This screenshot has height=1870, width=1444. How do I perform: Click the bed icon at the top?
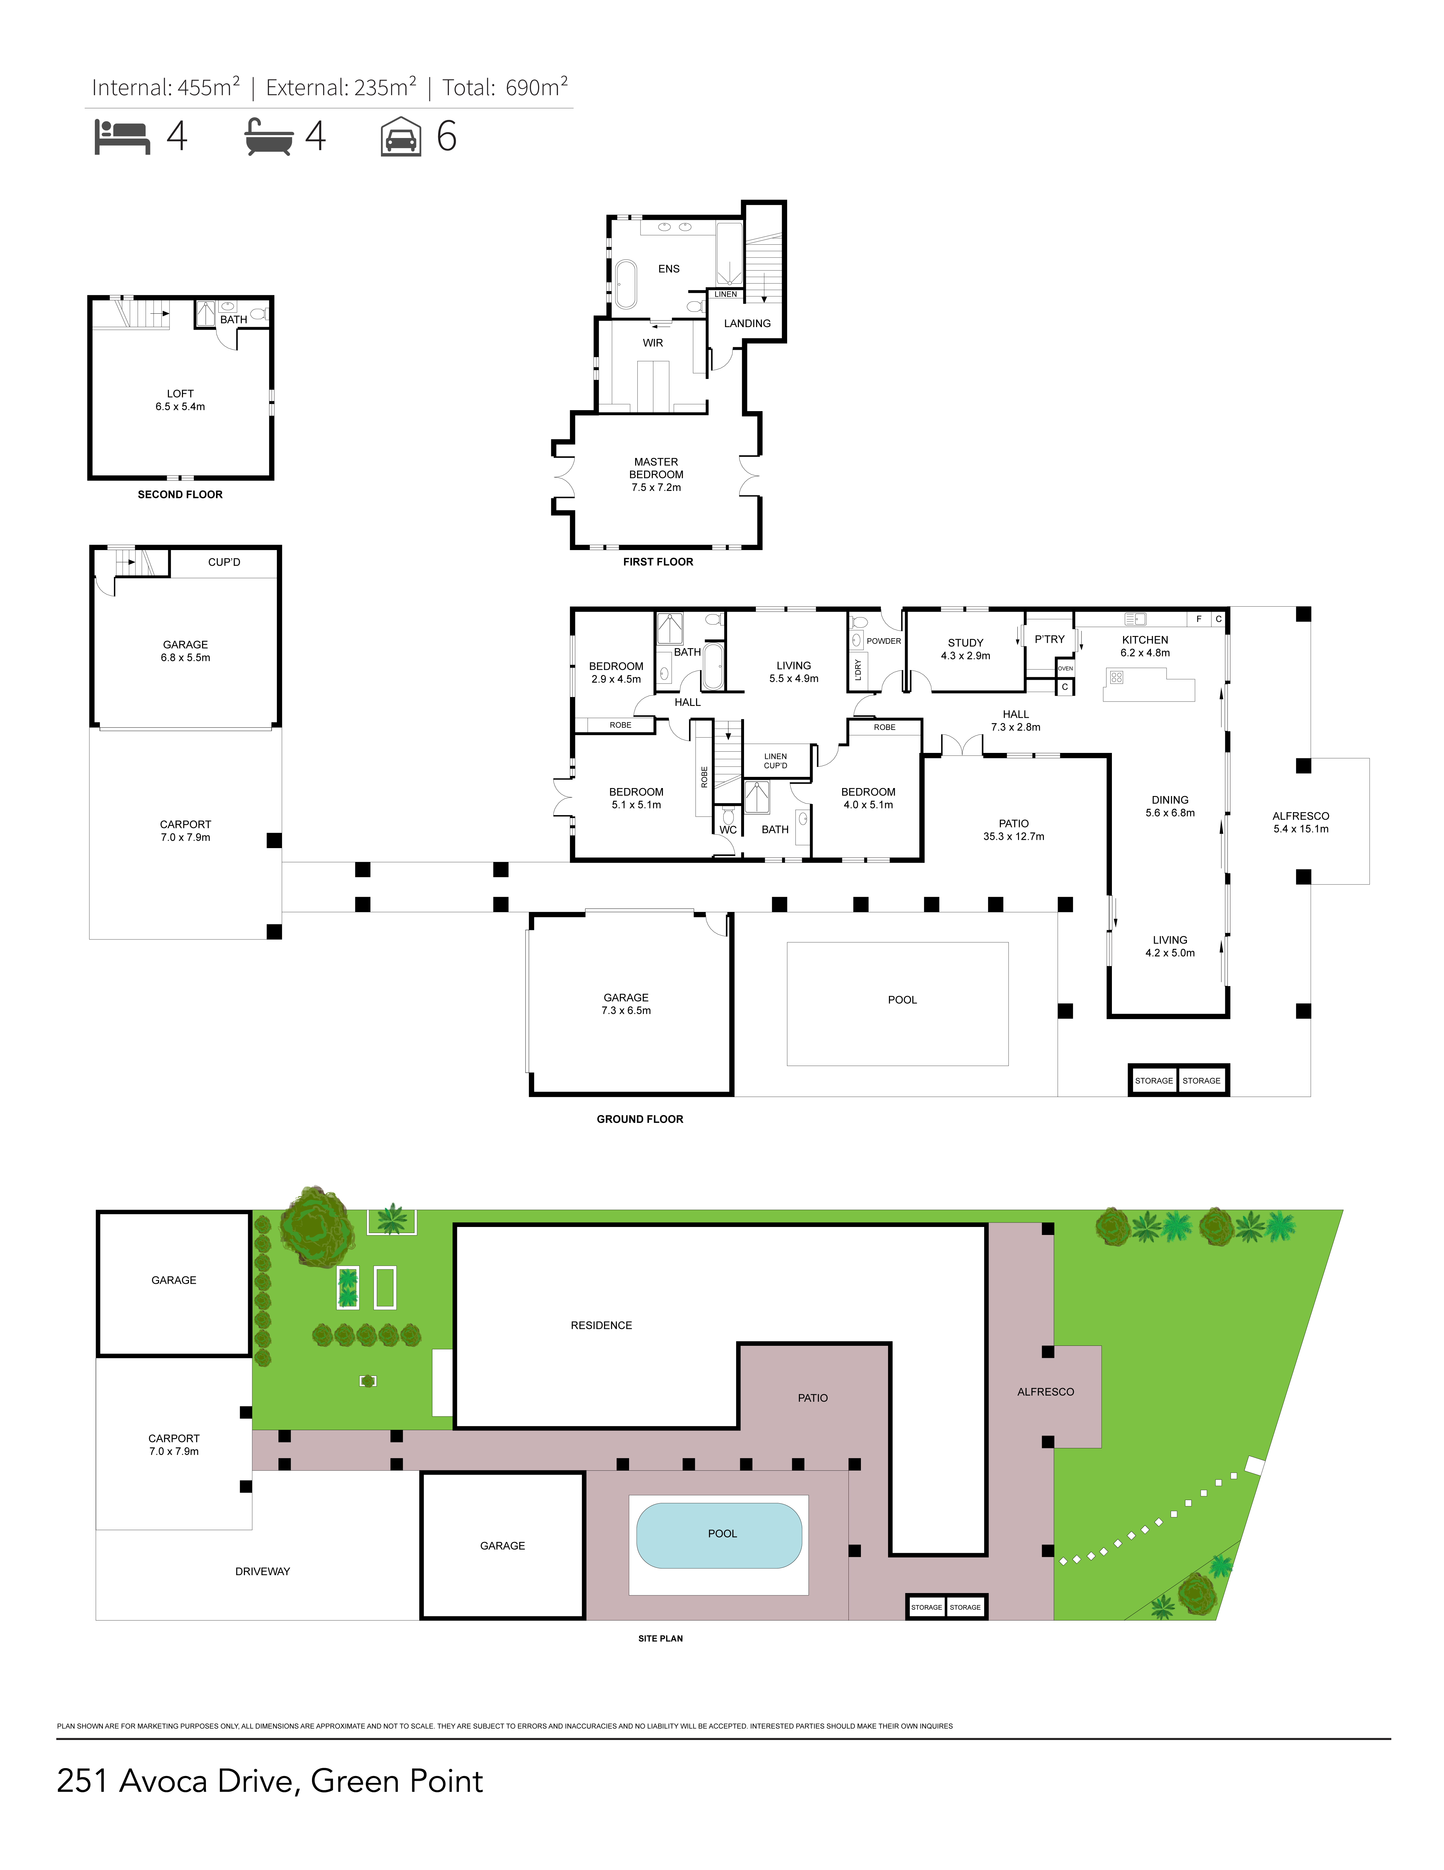pyautogui.click(x=122, y=137)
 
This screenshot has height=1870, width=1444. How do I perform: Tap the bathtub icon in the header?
pyautogui.click(x=269, y=137)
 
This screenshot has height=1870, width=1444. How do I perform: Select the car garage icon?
pyautogui.click(x=400, y=136)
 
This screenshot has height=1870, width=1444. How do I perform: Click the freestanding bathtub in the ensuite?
pyautogui.click(x=626, y=283)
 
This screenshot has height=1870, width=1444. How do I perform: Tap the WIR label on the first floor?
pyautogui.click(x=653, y=342)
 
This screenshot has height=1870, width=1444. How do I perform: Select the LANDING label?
pyautogui.click(x=747, y=323)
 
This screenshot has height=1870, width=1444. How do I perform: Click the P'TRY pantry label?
pyautogui.click(x=1049, y=639)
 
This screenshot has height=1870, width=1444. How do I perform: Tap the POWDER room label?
pyautogui.click(x=883, y=640)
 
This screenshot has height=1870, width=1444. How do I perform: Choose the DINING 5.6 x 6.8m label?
pyautogui.click(x=1170, y=806)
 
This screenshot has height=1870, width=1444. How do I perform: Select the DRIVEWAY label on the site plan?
pyautogui.click(x=263, y=1571)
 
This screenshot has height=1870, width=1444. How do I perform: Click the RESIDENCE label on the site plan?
pyautogui.click(x=602, y=1325)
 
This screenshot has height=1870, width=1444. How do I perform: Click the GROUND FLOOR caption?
pyautogui.click(x=640, y=1118)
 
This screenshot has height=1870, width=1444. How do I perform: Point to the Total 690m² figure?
pyautogui.click(x=505, y=87)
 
